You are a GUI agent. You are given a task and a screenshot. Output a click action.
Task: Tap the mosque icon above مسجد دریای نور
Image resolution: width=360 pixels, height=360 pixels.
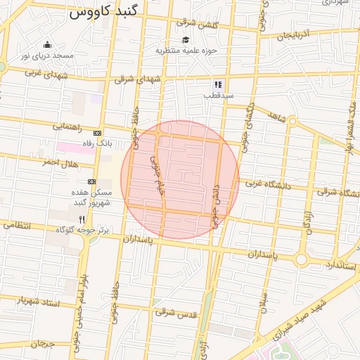47,44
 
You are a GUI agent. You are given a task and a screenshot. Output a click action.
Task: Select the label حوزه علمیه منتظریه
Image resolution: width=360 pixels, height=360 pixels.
185,51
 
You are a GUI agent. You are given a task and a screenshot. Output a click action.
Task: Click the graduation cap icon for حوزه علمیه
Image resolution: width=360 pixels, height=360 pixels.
185,40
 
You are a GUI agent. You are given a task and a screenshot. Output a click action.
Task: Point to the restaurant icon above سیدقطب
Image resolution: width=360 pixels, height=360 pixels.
218,84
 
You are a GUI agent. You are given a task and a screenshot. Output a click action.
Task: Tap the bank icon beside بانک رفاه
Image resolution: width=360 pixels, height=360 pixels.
96,133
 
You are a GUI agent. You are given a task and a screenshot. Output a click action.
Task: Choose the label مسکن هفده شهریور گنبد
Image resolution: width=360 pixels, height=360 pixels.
89,198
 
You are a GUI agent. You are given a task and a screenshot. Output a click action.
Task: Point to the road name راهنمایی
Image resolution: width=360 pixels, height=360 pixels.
67,127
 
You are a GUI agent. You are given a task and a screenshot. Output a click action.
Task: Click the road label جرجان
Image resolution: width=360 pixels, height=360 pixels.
42,344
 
